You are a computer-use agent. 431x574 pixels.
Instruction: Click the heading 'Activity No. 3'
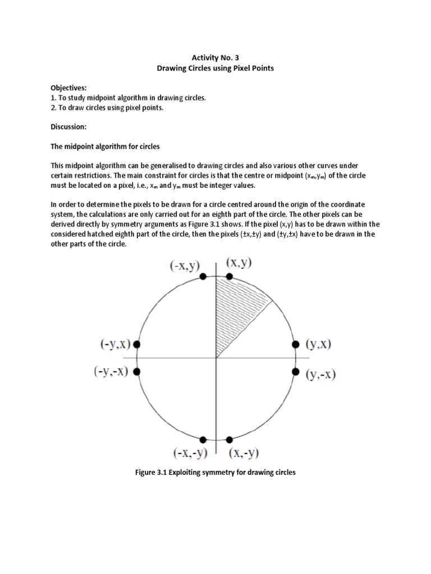[x=215, y=57]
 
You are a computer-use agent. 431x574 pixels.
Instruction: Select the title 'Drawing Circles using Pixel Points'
[x=215, y=68]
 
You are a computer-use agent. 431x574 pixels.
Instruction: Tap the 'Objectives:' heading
[x=68, y=88]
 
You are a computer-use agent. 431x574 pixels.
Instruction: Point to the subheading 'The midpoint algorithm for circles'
[x=105, y=147]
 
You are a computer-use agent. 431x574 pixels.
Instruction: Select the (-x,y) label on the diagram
[x=185, y=266]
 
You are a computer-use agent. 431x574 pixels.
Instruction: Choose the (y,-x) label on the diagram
[x=320, y=375]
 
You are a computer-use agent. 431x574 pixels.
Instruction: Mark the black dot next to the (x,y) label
[x=229, y=276]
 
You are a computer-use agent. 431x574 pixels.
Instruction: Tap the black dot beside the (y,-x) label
[x=296, y=371]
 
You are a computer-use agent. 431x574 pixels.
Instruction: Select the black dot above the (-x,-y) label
[x=203, y=439]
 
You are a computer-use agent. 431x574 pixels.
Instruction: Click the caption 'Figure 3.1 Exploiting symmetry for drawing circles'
[x=215, y=472]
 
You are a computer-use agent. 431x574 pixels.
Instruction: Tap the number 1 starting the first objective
[x=53, y=98]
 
